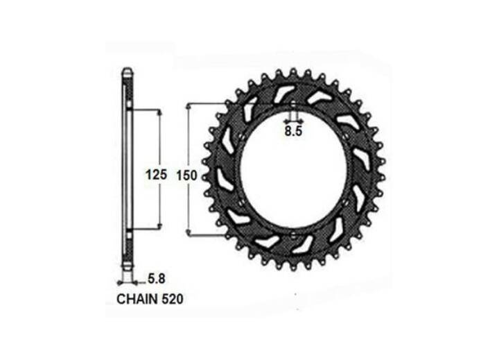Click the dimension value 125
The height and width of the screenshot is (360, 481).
coord(156,175)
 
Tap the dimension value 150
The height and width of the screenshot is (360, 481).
coord(186,175)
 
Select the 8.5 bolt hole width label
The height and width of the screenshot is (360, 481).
coord(294,131)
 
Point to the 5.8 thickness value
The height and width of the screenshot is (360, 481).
coord(157,279)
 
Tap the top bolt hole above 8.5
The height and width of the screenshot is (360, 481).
coord(293,104)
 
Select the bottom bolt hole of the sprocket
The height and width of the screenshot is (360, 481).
coord(293,235)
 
